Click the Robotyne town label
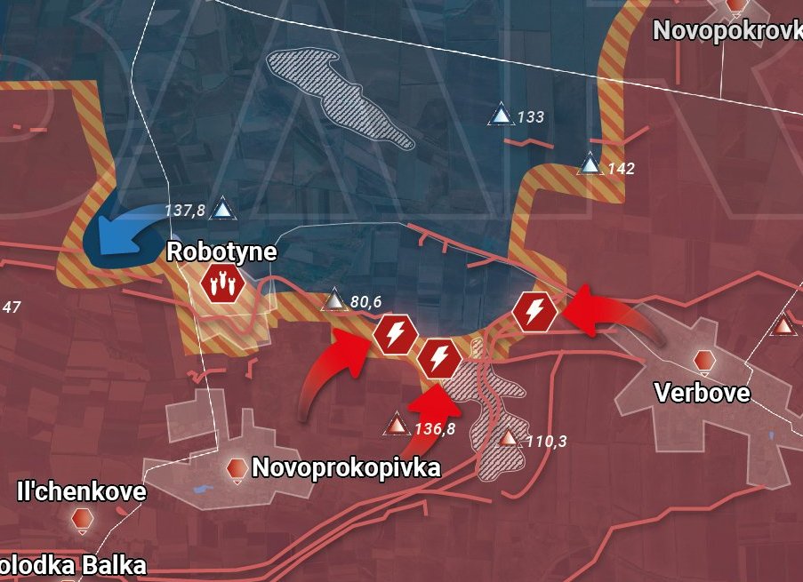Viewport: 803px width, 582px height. click(x=221, y=252)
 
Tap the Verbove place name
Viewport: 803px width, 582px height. click(x=702, y=392)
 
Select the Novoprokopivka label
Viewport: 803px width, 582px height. click(x=346, y=467)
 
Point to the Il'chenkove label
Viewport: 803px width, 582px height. click(x=81, y=491)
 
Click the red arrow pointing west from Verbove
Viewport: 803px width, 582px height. click(x=614, y=315)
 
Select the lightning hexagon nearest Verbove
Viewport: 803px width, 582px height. click(x=535, y=311)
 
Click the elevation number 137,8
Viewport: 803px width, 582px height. click(x=185, y=211)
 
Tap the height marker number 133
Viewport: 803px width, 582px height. click(x=530, y=117)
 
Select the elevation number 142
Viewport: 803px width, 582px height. click(x=621, y=168)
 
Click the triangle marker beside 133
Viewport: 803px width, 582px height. click(x=502, y=116)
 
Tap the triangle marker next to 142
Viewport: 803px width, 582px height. click(x=590, y=165)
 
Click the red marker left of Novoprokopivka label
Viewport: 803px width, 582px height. click(x=237, y=468)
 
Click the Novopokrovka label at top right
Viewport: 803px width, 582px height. click(x=727, y=30)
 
